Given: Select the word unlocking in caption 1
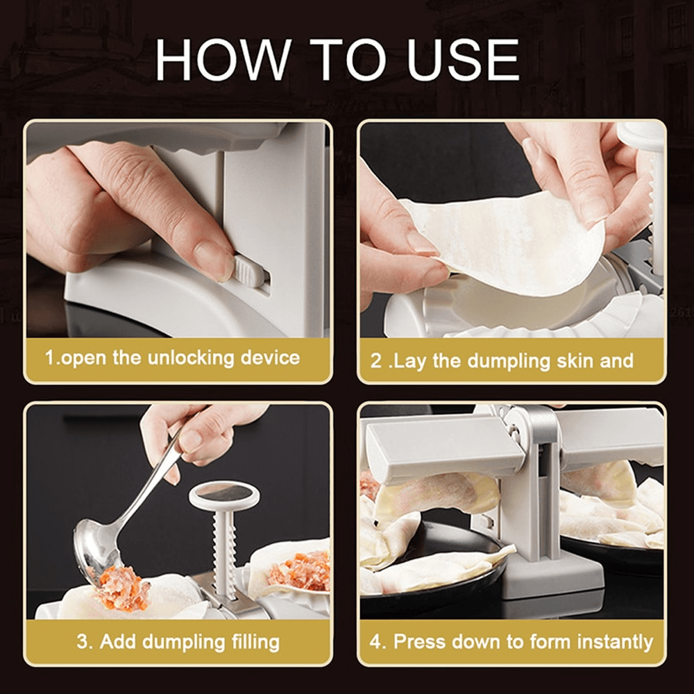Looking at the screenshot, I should (185, 358).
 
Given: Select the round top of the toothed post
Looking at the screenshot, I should (224, 494).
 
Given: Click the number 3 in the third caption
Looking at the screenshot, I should (83, 642).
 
